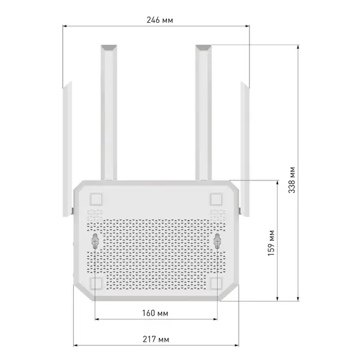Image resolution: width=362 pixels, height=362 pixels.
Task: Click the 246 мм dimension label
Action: [x=160, y=20]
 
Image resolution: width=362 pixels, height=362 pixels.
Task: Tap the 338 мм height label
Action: [x=292, y=180]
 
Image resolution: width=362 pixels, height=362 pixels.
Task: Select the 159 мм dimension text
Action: [x=272, y=243]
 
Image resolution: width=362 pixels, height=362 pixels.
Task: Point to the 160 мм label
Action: [x=155, y=313]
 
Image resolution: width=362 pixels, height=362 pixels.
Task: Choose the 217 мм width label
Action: [x=156, y=339]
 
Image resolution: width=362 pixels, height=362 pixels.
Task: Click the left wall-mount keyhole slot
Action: [x=95, y=241]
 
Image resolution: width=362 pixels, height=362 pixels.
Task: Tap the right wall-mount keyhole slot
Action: [x=217, y=241]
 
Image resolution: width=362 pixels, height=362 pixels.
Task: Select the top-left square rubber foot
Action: [x=96, y=199]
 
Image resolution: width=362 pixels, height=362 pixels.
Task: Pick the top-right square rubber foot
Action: [x=217, y=199]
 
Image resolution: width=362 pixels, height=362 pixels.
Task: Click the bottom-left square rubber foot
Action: [x=96, y=283]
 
